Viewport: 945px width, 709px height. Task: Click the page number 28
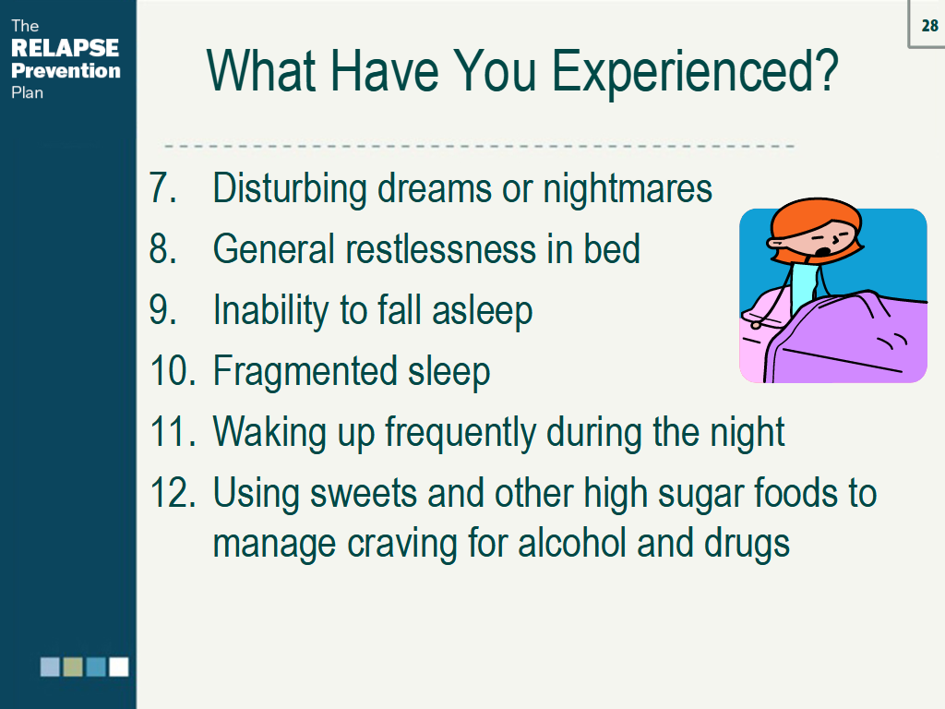coord(929,25)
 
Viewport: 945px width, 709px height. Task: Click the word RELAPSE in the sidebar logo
coord(66,48)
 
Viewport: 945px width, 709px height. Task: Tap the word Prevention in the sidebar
coord(66,70)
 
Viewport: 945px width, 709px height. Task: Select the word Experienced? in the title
coord(695,72)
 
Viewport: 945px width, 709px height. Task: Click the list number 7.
coord(162,187)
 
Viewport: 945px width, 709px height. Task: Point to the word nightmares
coord(628,189)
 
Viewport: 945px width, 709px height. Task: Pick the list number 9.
coord(162,310)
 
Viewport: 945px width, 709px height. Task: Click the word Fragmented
coord(305,372)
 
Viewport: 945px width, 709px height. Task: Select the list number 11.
coord(173,432)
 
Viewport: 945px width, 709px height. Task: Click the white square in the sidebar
coord(119,667)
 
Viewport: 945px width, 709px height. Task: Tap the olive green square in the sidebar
coord(73,667)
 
